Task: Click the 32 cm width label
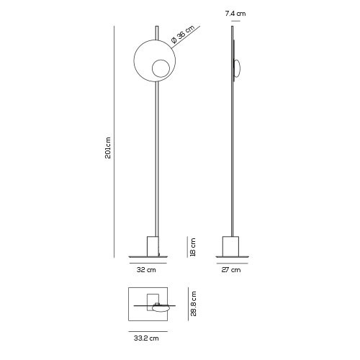[147, 271]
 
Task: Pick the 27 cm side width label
[232, 271]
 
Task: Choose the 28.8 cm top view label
[194, 304]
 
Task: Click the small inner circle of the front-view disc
[159, 69]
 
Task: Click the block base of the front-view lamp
[152, 246]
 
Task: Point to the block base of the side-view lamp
[232, 246]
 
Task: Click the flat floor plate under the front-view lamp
[148, 257]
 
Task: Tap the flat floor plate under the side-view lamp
[232, 257]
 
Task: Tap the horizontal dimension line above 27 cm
[232, 263]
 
